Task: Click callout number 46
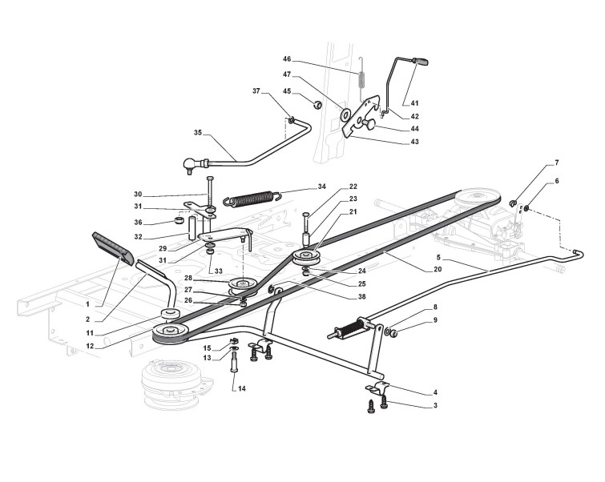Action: coord(287,59)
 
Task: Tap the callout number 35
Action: coord(198,134)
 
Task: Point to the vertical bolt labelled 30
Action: coord(208,191)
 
